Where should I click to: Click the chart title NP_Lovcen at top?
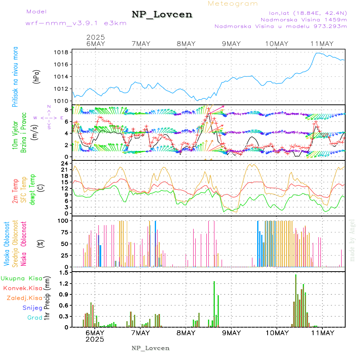tap(162, 14)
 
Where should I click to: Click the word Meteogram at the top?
tap(233, 4)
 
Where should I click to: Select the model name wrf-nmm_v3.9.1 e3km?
tap(76, 23)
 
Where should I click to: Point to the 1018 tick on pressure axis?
tap(61, 52)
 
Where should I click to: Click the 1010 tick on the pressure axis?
tap(61, 101)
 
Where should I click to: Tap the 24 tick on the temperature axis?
tap(64, 163)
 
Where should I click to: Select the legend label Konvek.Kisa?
tap(22, 288)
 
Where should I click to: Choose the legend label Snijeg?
tap(33, 308)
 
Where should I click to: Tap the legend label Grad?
tap(35, 318)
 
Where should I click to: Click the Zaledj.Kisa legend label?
tap(24, 298)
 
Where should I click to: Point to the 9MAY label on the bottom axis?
tap(231, 333)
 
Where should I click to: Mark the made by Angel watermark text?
tap(352, 240)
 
